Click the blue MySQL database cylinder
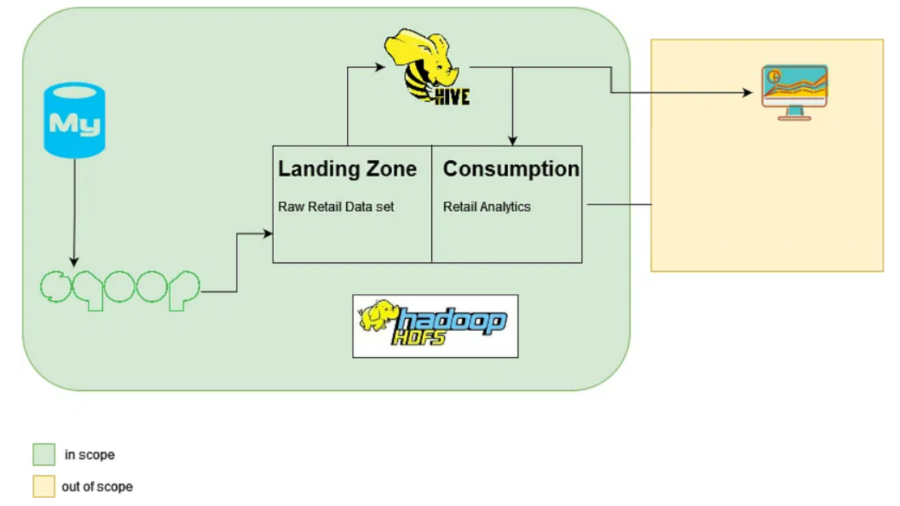coord(74,120)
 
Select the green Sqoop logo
coord(120,289)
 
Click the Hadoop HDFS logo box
coord(435,326)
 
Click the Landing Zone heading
coord(347,169)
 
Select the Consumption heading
coord(511,169)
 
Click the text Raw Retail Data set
coord(336,207)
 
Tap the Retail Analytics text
coord(486,207)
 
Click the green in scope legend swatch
coord(44,454)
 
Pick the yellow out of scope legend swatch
coord(44,486)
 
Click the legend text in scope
coord(90,455)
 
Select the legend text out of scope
coord(97,486)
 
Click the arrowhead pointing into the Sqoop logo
coord(74,262)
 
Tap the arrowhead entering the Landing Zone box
coord(268,234)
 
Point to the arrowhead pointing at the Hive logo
coord(381,66)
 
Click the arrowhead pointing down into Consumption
coord(512,141)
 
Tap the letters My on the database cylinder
coord(74,124)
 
